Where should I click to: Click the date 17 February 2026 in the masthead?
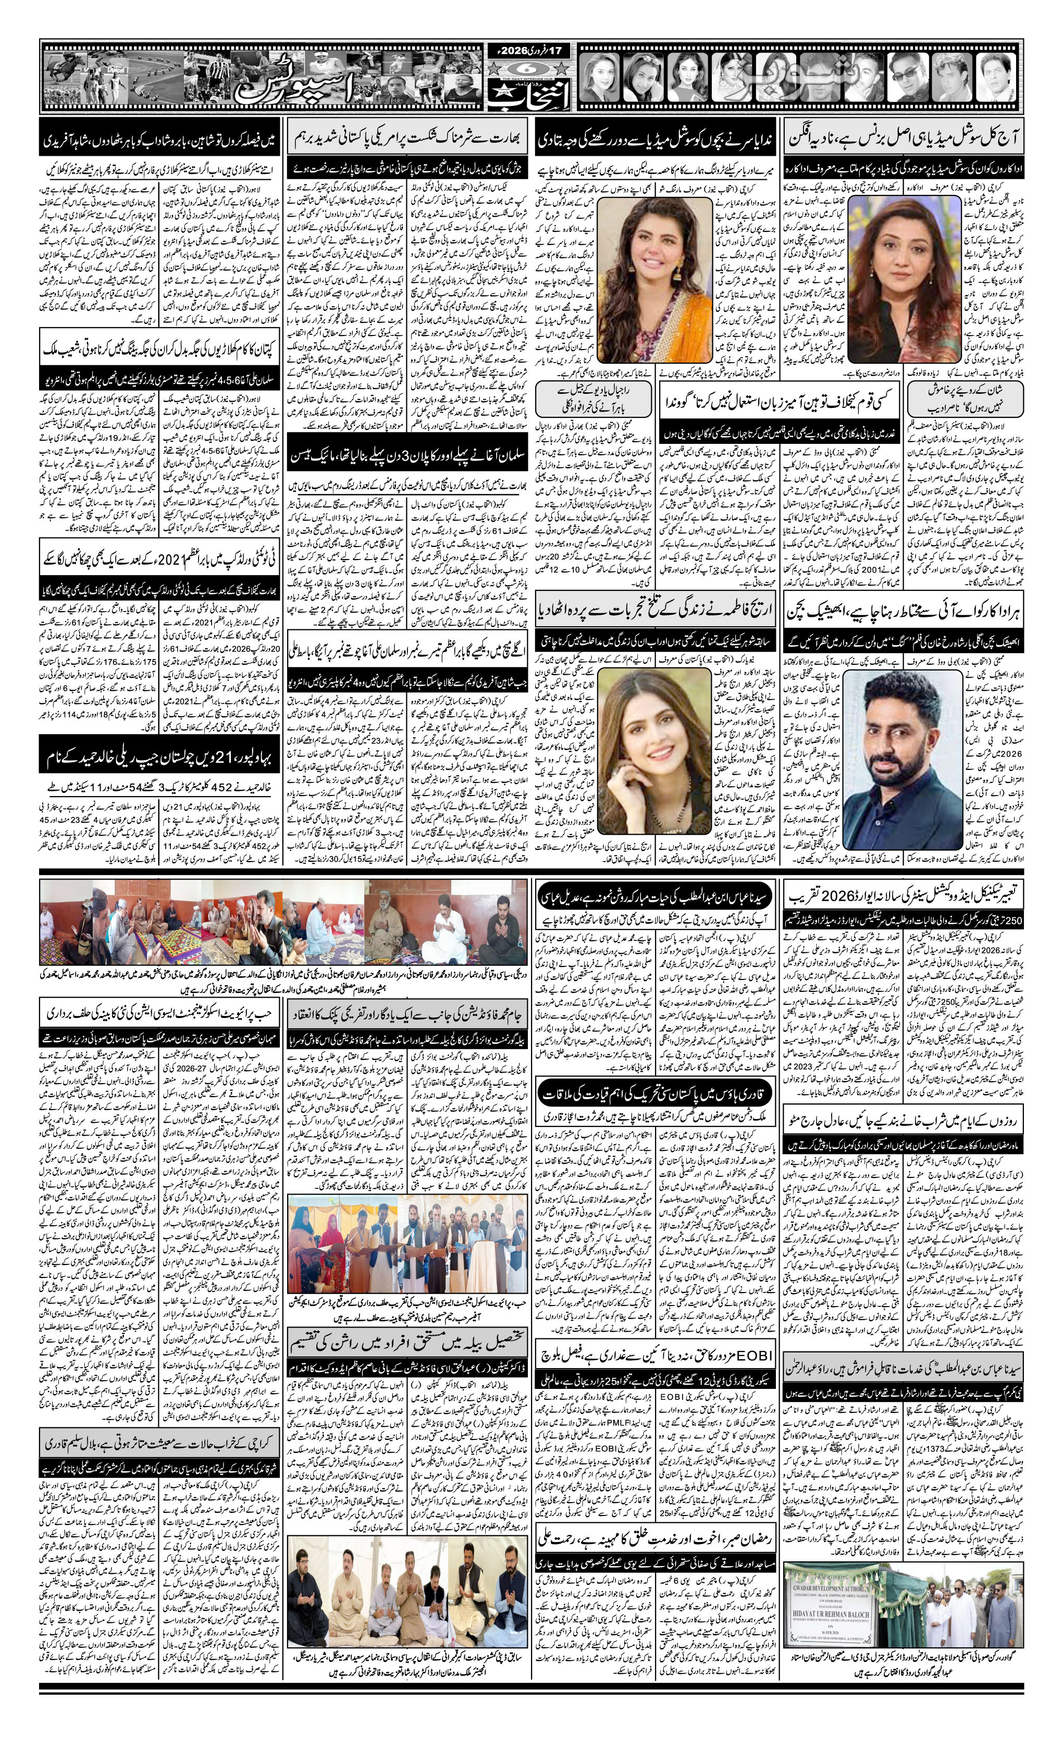coord(531,52)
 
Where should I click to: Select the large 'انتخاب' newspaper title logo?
coord(530,99)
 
